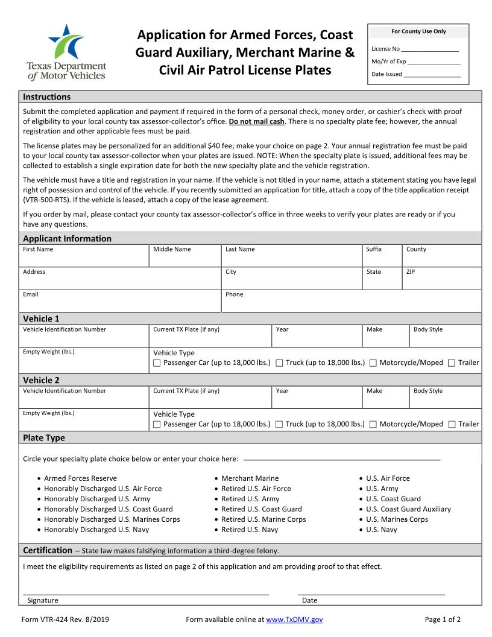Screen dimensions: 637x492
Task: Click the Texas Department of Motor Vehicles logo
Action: pyautogui.click(x=66, y=52)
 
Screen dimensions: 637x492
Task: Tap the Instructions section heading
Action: pyautogui.click(x=46, y=97)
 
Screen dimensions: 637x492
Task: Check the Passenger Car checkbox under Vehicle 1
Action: pyautogui.click(x=157, y=363)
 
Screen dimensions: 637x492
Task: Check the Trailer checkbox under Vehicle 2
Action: pyautogui.click(x=452, y=424)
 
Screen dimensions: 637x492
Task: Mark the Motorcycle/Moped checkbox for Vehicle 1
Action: pyautogui.click(x=373, y=363)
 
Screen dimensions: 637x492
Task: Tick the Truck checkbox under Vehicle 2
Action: pyautogui.click(x=279, y=424)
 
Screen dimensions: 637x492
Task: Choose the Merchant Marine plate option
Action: pyautogui.click(x=250, y=478)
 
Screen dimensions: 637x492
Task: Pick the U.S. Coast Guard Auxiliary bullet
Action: pyautogui.click(x=408, y=509)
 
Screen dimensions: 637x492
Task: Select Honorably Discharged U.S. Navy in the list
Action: pyautogui.click(x=96, y=530)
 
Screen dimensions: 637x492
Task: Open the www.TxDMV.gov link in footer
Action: pyautogui.click(x=294, y=620)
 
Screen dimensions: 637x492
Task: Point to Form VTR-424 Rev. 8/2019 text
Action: pyautogui.click(x=65, y=620)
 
